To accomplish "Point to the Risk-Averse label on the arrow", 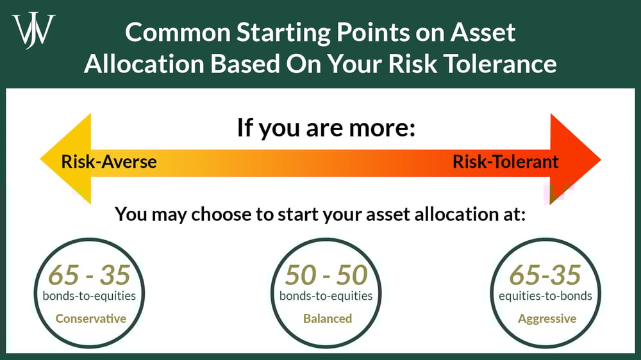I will tap(109, 161).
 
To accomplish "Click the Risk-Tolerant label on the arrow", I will tap(505, 161).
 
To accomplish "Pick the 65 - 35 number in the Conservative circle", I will tap(89, 275).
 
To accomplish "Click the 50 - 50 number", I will tap(326, 275).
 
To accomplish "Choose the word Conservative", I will tap(90, 318).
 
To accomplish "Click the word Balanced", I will tap(327, 318).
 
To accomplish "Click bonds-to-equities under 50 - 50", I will tap(326, 296).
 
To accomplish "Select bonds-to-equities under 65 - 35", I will tap(90, 296).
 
